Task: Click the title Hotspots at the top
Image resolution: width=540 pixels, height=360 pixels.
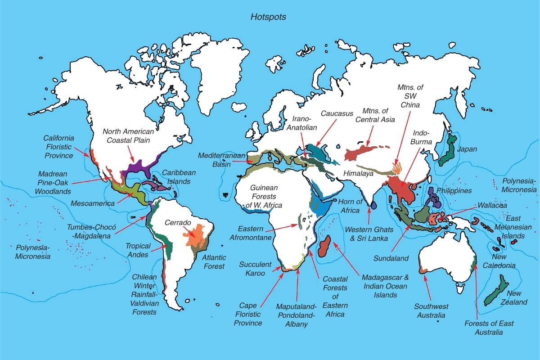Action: [268, 17]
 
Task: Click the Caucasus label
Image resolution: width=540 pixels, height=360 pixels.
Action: [337, 114]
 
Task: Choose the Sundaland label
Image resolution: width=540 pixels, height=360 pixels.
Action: [391, 258]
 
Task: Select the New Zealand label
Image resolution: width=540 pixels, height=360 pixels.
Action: [517, 298]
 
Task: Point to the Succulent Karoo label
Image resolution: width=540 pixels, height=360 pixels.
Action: [255, 269]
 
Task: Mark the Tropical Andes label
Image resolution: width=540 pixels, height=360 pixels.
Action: [138, 250]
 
